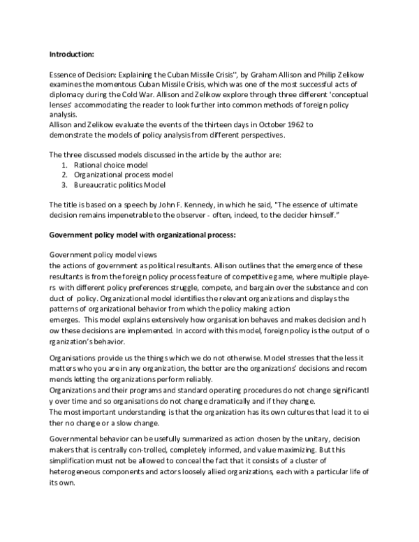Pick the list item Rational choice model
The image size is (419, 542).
click(105, 164)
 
